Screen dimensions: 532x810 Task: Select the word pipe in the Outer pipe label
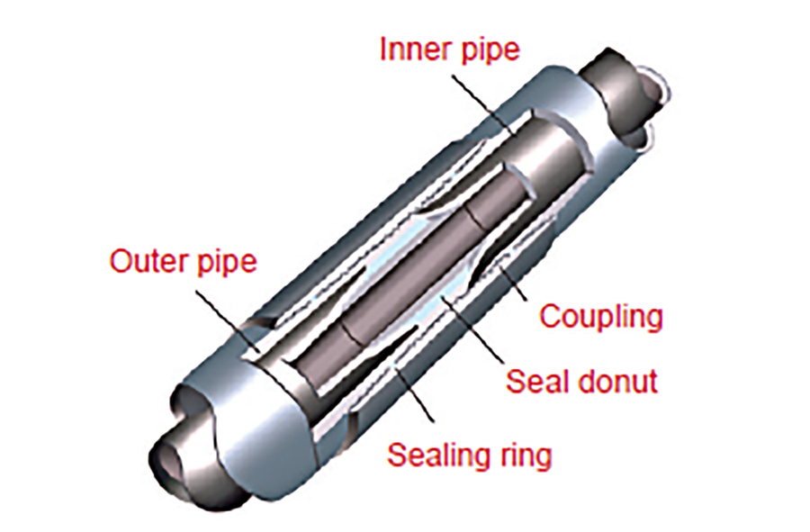pyautogui.click(x=225, y=264)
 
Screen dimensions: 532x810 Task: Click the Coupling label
pyautogui.click(x=600, y=316)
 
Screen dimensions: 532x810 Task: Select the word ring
pyautogui.click(x=525, y=456)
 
